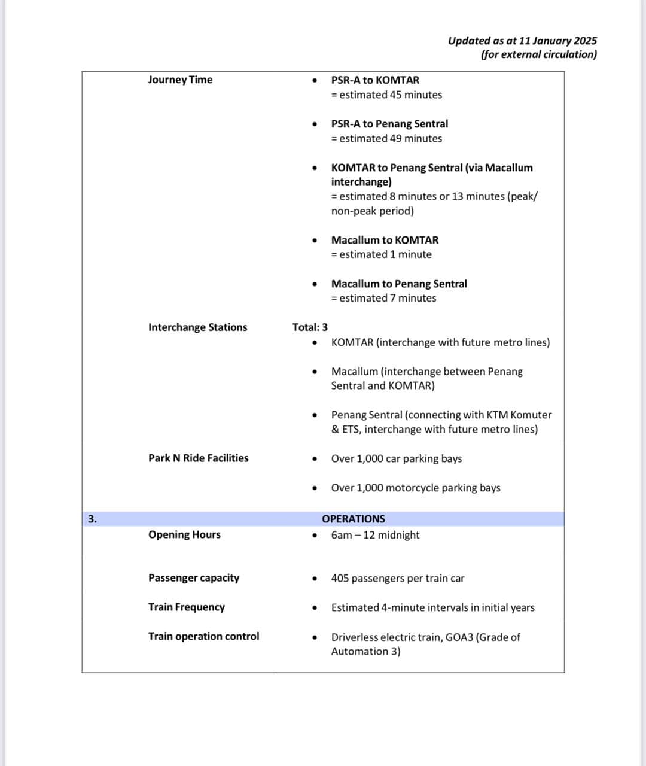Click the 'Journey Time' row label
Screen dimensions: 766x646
180,80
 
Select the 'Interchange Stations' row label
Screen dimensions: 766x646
197,327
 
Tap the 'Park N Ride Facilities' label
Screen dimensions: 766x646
198,458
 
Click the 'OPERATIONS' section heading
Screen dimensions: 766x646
354,519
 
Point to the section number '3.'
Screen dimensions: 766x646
92,519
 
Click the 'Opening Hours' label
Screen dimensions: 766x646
184,534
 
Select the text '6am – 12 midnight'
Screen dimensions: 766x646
375,535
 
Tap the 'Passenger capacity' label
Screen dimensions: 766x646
194,578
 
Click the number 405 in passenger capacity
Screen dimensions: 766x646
340,579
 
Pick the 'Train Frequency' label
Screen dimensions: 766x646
187,607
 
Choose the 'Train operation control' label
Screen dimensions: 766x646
203,636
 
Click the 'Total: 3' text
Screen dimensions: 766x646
310,327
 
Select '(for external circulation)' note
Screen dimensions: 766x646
538,54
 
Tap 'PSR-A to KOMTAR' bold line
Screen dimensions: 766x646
375,80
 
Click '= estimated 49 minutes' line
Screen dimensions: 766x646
386,138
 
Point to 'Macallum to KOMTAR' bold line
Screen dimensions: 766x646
385,240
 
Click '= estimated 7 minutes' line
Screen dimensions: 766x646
383,298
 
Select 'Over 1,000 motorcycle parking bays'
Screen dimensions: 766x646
416,488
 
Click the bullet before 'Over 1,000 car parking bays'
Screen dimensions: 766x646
315,459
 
